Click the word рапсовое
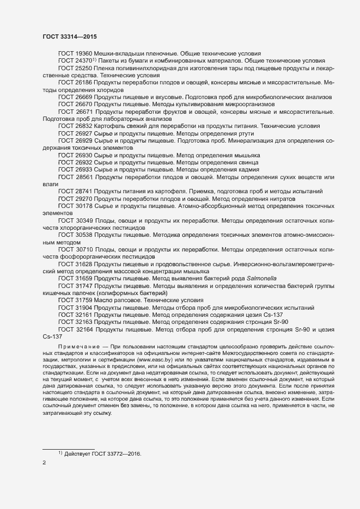coord(127,299)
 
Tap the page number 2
coord(44,463)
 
